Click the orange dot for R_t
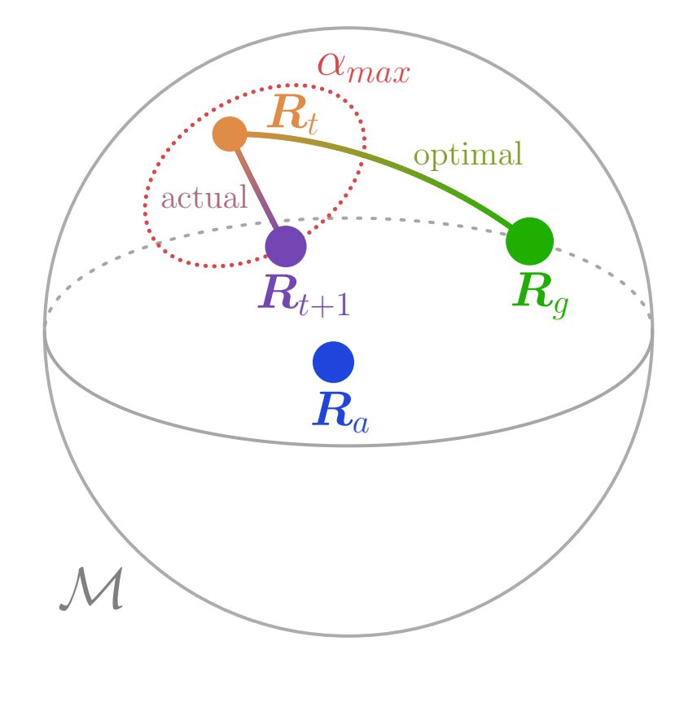(x=230, y=134)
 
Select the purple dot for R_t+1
(x=286, y=245)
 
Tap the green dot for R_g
(x=529, y=241)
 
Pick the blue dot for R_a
(x=333, y=362)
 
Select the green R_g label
(x=539, y=294)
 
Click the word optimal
(x=467, y=155)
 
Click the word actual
(x=204, y=198)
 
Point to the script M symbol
(x=91, y=590)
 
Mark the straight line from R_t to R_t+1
(x=256, y=188)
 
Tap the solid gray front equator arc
(x=348, y=445)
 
